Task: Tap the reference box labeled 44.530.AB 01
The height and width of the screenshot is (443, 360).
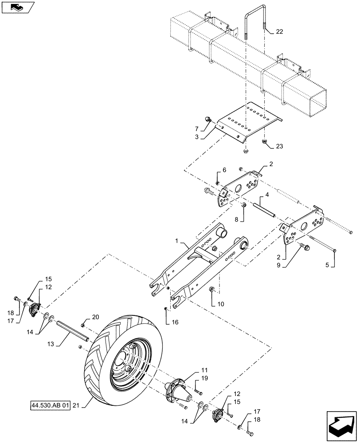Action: (x=51, y=405)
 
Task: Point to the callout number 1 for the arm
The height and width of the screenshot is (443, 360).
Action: (x=178, y=241)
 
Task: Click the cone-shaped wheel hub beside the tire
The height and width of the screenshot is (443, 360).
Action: (x=177, y=389)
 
